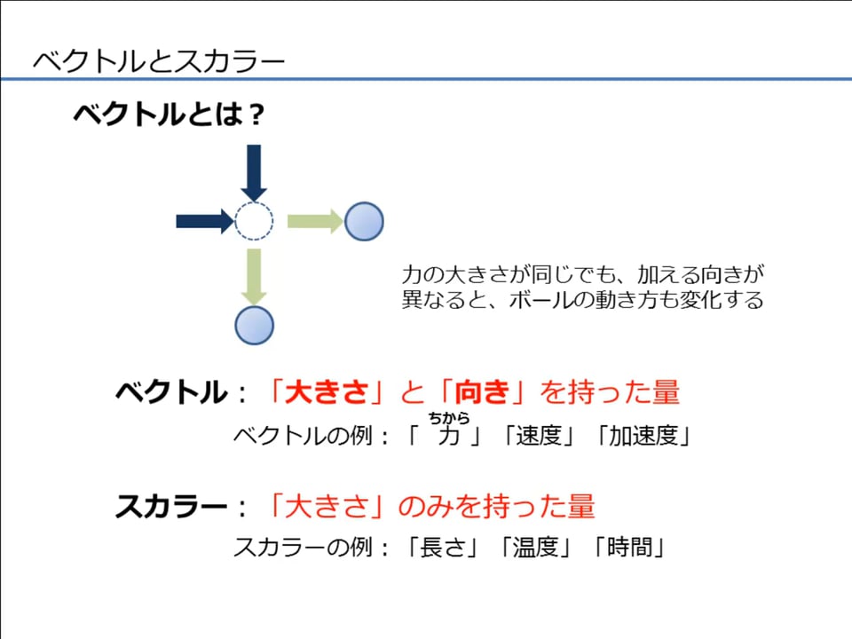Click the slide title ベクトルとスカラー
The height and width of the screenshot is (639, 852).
[159, 61]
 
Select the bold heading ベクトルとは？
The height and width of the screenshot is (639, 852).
[169, 114]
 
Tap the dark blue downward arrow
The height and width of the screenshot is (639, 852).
[254, 173]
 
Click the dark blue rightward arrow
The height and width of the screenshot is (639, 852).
[205, 221]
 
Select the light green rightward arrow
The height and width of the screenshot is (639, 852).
[315, 221]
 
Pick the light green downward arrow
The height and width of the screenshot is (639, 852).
[254, 277]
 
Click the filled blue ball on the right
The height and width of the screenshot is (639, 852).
[364, 221]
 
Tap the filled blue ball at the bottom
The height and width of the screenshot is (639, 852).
[255, 326]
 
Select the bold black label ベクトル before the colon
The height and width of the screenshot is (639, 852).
[171, 391]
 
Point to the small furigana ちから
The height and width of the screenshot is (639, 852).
[449, 418]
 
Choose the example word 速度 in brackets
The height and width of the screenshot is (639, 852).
[539, 435]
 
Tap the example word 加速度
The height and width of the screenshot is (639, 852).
[643, 435]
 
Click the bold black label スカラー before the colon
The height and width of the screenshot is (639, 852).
[171, 506]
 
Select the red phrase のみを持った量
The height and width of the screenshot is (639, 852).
[497, 506]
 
